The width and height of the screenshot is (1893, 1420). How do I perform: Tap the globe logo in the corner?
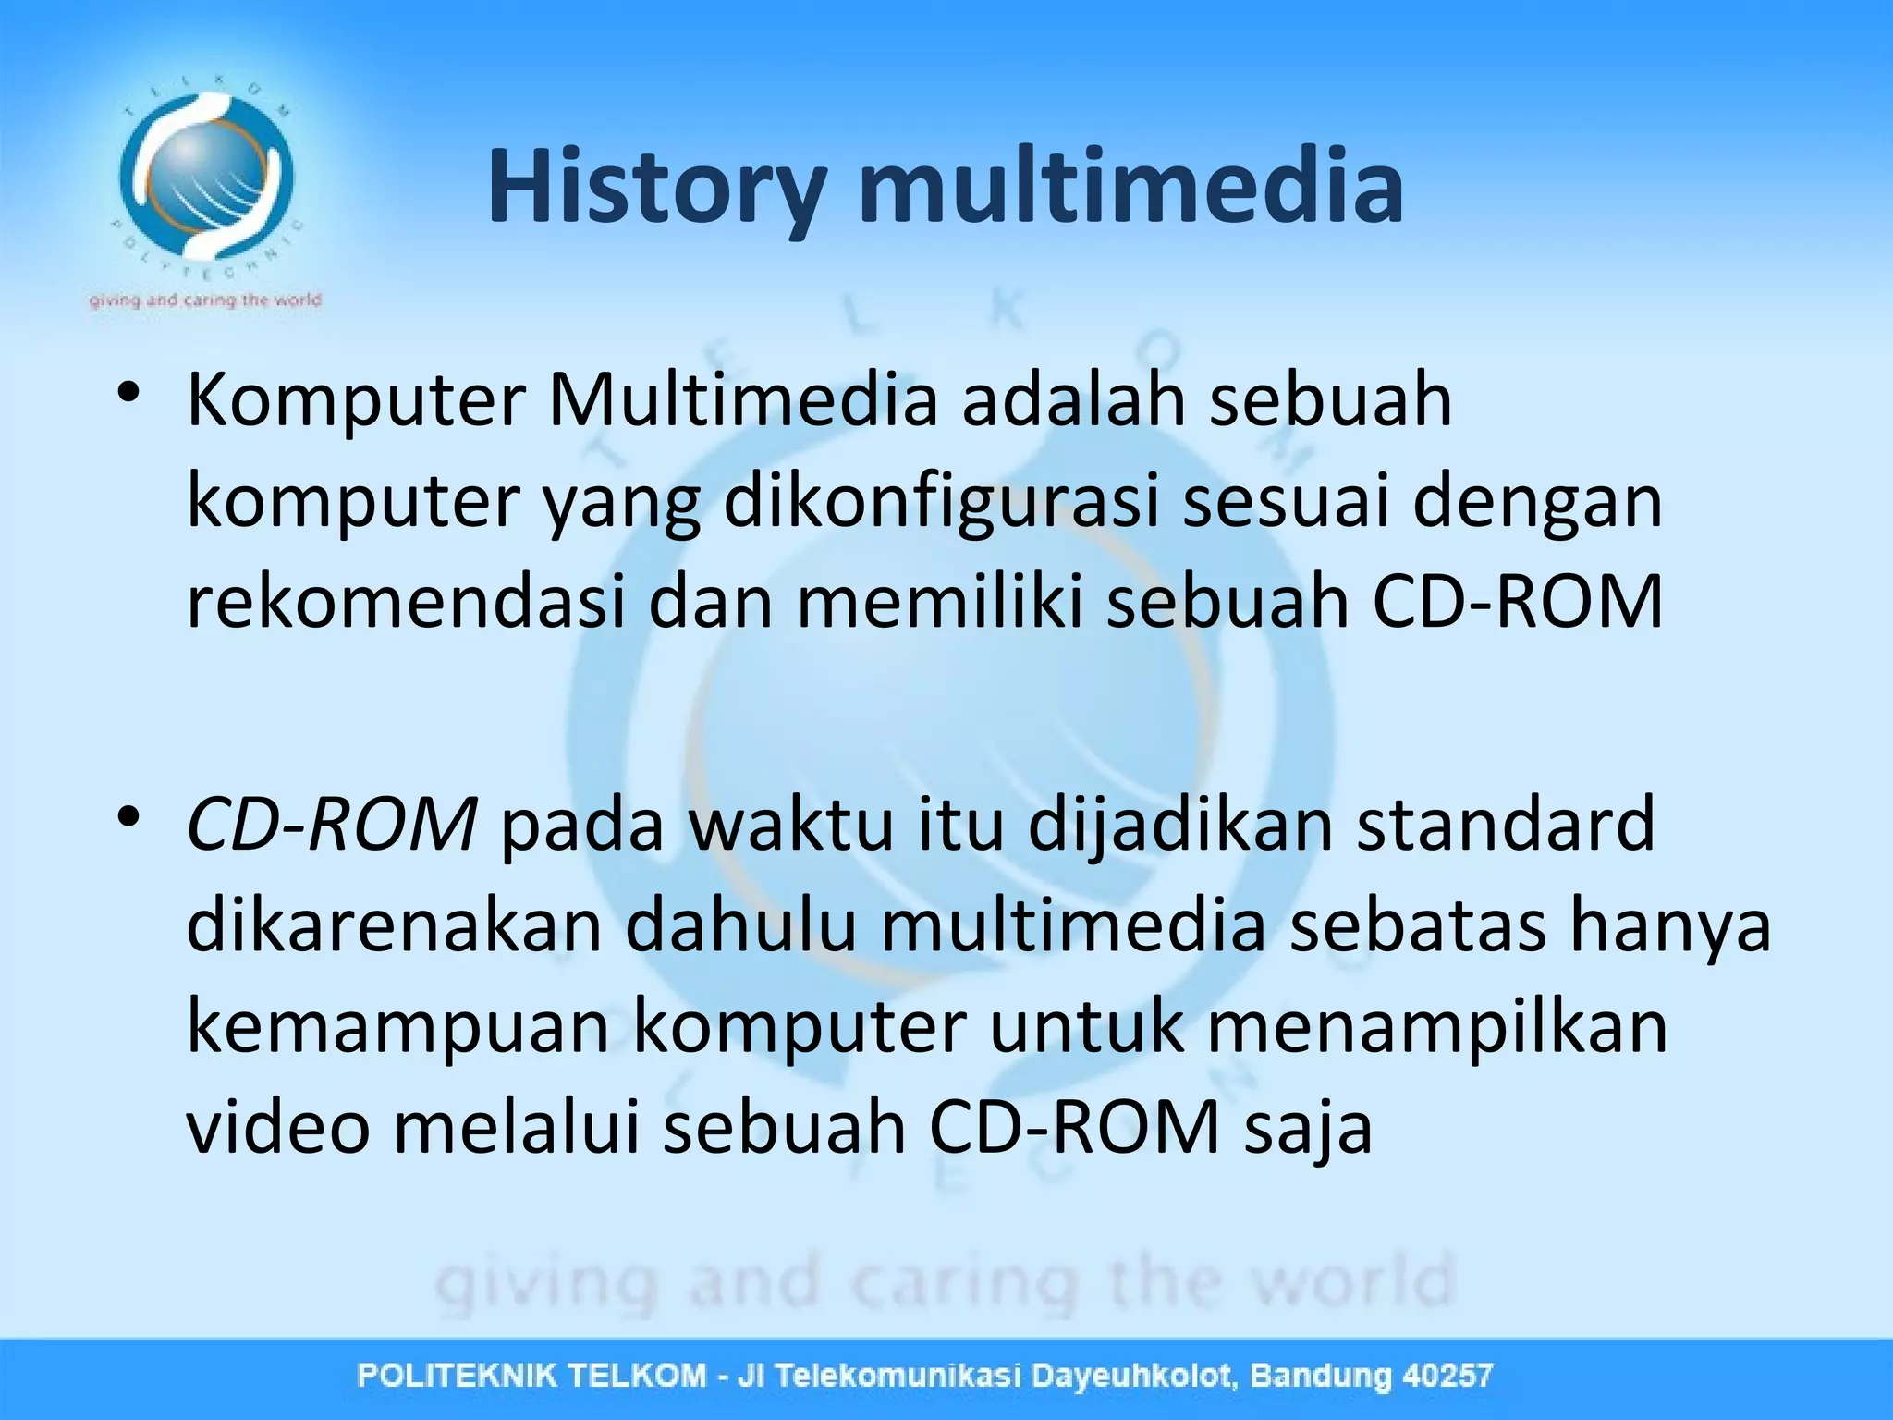pyautogui.click(x=205, y=176)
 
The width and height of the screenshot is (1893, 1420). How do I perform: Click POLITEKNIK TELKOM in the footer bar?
pyautogui.click(x=531, y=1376)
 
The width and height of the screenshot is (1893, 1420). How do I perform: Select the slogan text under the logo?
pyautogui.click(x=205, y=300)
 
